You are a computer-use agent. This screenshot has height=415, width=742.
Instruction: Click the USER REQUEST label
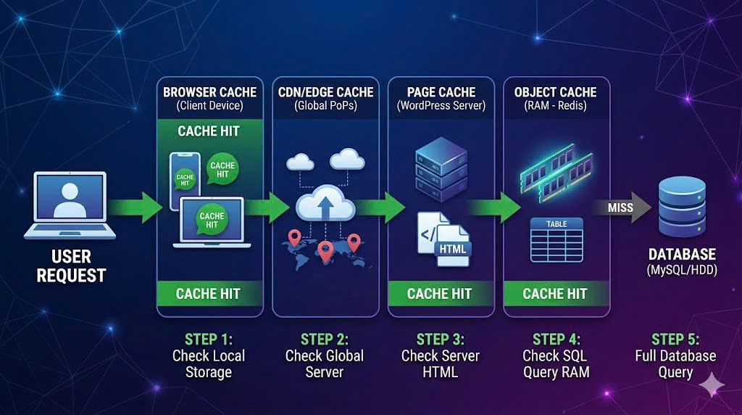[71, 266]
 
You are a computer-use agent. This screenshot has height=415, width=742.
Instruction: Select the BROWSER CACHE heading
[209, 92]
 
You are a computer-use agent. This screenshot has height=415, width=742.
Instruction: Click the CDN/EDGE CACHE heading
[325, 92]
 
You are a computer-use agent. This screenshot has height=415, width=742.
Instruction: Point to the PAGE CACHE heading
[441, 92]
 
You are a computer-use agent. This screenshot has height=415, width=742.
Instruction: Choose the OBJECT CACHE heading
[556, 92]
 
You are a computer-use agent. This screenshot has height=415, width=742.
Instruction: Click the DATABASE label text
[682, 255]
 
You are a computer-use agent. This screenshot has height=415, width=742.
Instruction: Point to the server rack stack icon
[441, 171]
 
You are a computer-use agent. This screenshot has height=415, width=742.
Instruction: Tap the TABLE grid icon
[556, 239]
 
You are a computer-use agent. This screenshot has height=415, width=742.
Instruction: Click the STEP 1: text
[209, 339]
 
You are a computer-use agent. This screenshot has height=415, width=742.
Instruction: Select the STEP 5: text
[675, 339]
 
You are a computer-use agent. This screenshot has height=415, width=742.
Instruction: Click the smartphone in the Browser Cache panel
[184, 180]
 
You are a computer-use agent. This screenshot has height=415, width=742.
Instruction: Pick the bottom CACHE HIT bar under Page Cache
[440, 294]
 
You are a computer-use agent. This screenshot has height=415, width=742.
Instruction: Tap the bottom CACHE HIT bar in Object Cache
[555, 294]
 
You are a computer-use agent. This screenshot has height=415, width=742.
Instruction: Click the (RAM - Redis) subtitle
[556, 106]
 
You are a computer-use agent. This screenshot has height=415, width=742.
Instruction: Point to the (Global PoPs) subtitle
[325, 106]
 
